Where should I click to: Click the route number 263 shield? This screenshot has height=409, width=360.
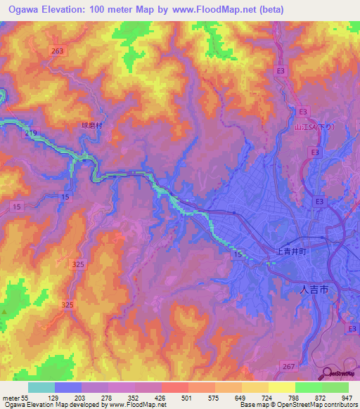(x=58, y=51)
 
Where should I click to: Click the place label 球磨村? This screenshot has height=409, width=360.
(x=91, y=126)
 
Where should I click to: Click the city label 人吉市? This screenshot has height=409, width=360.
(x=312, y=289)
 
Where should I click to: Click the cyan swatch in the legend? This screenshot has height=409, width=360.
(x=41, y=387)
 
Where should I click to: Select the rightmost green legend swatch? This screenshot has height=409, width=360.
(x=335, y=387)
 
